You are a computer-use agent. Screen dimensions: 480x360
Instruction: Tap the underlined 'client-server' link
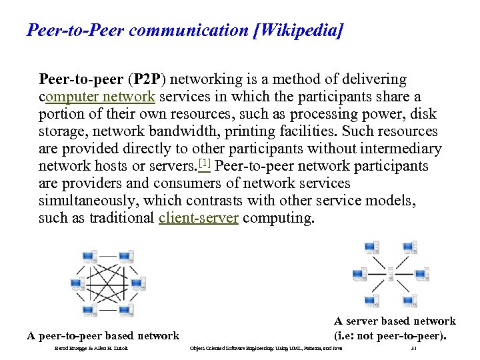click(199, 218)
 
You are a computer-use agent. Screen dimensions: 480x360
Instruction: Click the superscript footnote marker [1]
click(204, 163)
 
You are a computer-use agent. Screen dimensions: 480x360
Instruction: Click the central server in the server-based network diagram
click(391, 273)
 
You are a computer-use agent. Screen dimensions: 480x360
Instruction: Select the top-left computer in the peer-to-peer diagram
click(89, 257)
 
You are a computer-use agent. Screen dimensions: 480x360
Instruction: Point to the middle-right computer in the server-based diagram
click(421, 273)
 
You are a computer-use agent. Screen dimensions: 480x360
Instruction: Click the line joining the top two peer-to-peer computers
click(107, 255)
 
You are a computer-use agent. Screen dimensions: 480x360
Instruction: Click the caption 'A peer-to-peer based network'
click(103, 336)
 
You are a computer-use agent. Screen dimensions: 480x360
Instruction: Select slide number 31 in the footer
click(414, 348)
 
